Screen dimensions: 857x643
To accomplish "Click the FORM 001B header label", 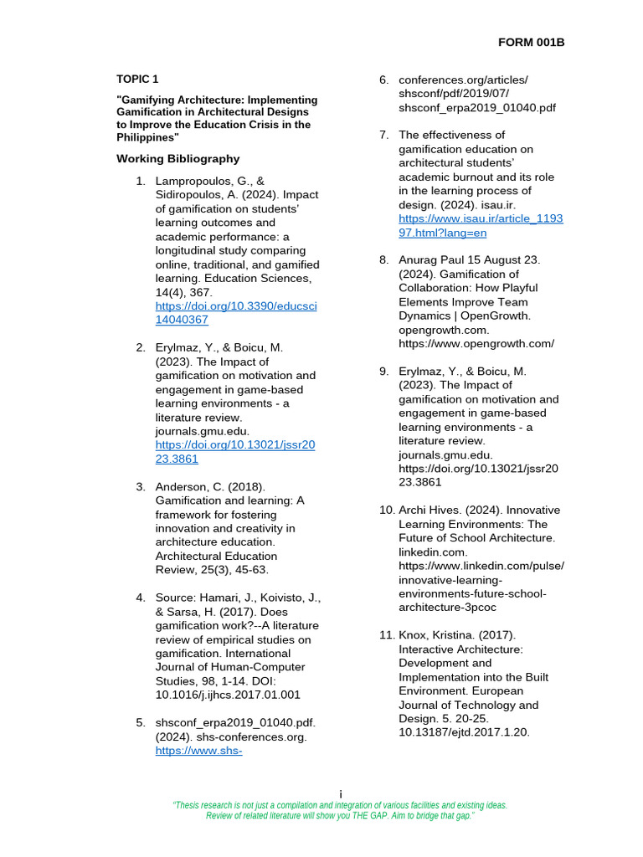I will coord(532,43).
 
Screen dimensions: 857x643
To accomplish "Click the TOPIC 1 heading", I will coord(136,80).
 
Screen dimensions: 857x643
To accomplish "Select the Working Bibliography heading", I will coord(177,158).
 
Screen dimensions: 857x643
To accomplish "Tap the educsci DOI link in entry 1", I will coord(236,313).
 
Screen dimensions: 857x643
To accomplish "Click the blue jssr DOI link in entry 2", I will coord(235,452).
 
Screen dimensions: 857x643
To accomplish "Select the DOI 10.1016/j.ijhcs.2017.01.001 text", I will coord(228,695).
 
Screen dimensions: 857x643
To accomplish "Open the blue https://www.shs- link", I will coord(198,751).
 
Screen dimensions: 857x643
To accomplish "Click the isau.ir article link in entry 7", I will coord(481,226).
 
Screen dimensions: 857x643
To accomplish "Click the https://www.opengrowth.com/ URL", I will coord(476,343).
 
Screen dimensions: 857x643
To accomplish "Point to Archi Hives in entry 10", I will coord(427,510).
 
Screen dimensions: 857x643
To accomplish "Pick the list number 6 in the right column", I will coord(383,80).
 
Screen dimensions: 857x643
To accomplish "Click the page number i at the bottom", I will coord(340,793).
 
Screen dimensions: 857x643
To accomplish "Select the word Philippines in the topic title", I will coord(146,137).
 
